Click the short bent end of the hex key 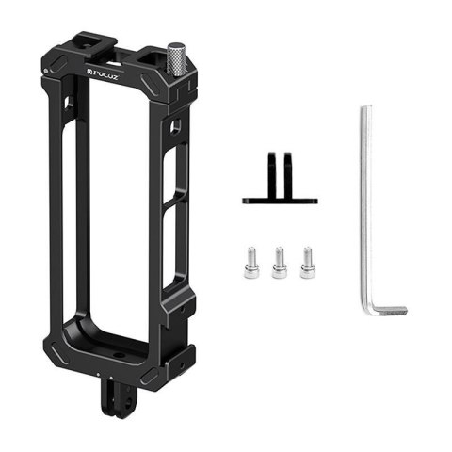point(391,310)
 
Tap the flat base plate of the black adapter point(280,200)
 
